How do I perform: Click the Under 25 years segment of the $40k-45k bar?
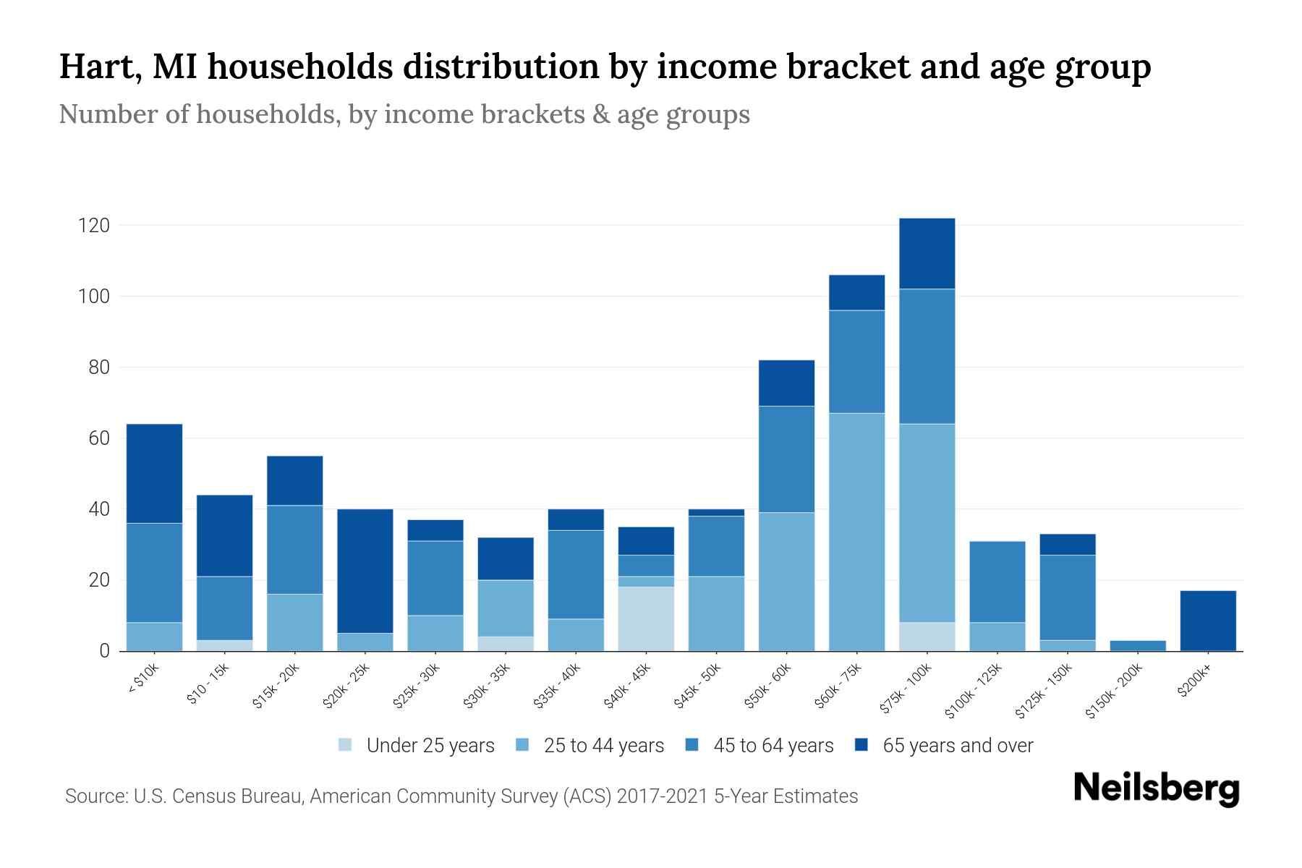(x=646, y=618)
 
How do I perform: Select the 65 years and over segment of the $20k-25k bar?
(x=365, y=571)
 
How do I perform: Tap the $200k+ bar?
(x=1208, y=621)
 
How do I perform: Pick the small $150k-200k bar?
(x=1138, y=645)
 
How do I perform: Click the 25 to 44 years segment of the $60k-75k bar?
(x=856, y=532)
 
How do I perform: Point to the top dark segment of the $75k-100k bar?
(x=927, y=253)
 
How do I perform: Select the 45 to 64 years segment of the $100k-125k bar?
(x=997, y=582)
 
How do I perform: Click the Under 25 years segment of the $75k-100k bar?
(x=927, y=637)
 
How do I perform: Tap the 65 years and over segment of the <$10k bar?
(x=154, y=473)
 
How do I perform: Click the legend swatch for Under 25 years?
(x=346, y=744)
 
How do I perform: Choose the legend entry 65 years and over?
(x=958, y=745)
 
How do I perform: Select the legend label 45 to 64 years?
(x=773, y=745)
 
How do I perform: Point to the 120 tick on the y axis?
(x=93, y=226)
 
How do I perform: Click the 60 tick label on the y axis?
(x=98, y=438)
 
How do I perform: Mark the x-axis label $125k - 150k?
(x=1044, y=691)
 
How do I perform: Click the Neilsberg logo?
(x=1156, y=788)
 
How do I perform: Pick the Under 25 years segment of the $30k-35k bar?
(x=506, y=643)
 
